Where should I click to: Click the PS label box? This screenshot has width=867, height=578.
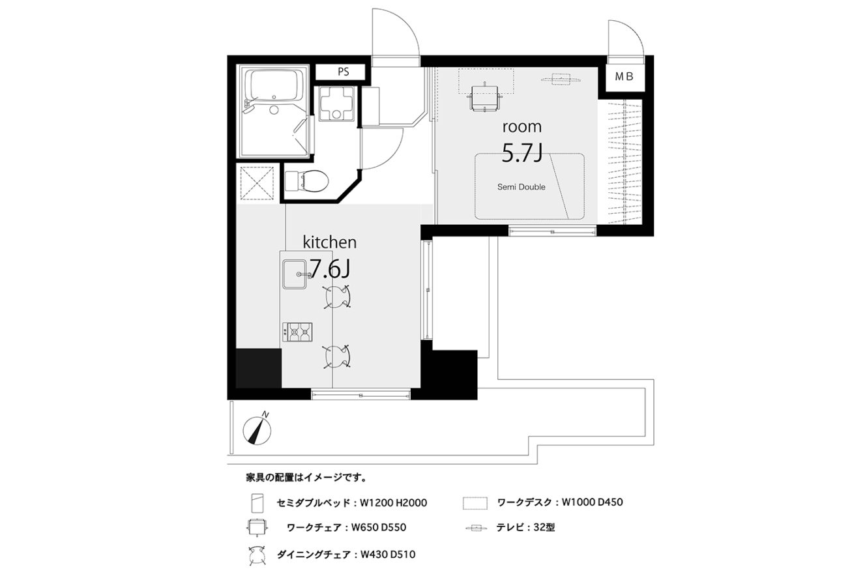[x=340, y=72]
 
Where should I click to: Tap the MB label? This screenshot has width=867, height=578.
[x=625, y=77]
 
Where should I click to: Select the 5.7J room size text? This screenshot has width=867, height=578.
[x=522, y=153]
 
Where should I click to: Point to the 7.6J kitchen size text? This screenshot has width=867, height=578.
[x=330, y=268]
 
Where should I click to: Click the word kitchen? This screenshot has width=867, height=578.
[x=329, y=242]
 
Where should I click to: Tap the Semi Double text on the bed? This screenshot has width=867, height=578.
[x=522, y=187]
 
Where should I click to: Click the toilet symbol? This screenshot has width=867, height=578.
[x=307, y=181]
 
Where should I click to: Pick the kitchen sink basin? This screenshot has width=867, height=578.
[x=295, y=274]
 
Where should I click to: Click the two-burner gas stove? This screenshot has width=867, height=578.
[x=297, y=332]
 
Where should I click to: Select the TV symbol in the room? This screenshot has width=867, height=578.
[x=561, y=79]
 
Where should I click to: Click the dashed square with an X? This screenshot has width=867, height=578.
[x=257, y=183]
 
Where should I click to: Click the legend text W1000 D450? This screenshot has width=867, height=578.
[x=592, y=502]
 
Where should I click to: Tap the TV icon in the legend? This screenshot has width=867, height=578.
[x=476, y=527]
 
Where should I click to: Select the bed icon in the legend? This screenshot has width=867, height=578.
[x=257, y=503]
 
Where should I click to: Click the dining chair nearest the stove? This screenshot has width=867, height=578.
[x=337, y=356]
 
